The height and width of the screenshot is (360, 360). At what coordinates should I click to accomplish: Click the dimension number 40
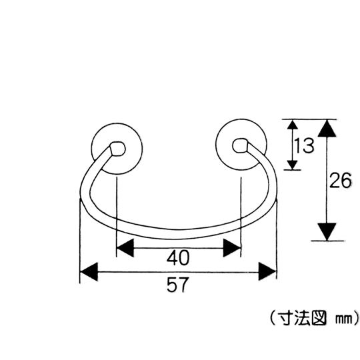point(178,257)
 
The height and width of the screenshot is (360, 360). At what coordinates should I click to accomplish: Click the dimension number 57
point(178,285)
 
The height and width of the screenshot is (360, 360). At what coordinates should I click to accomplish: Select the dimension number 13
point(304,145)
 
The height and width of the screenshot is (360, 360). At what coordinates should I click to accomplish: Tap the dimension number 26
point(340,180)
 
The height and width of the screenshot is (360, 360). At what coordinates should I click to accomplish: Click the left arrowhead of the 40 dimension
point(125,248)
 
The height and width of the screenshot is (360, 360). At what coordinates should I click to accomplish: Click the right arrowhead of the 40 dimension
point(232,248)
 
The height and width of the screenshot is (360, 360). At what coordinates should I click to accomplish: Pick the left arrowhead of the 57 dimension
point(89,272)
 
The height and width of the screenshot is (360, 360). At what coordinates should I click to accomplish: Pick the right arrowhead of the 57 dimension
point(267,272)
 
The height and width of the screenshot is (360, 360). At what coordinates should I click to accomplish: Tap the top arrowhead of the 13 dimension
point(293,124)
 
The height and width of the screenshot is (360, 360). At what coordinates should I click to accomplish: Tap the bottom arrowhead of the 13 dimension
point(293,165)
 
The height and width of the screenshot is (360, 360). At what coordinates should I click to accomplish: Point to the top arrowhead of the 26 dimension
point(327,129)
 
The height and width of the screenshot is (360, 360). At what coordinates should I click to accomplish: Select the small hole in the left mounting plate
point(117,149)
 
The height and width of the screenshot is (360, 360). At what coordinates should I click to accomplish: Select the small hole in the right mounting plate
point(240,145)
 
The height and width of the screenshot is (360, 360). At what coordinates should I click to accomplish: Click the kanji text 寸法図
point(303,318)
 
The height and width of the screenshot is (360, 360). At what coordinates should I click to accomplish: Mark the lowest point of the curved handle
point(178,239)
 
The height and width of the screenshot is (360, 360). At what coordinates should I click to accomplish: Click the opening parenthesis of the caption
point(273,318)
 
